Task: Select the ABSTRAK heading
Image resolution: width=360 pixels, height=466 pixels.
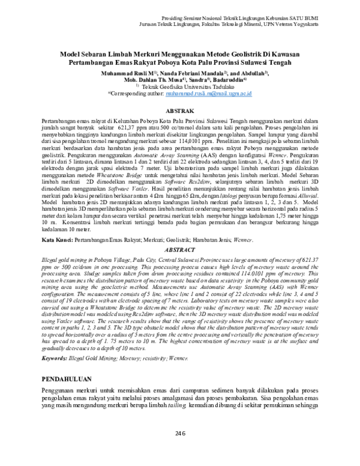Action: coord(179,111)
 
